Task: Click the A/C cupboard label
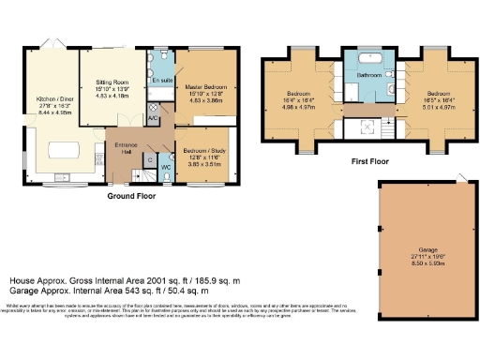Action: click(x=153, y=118)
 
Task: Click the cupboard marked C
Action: click(x=146, y=160)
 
